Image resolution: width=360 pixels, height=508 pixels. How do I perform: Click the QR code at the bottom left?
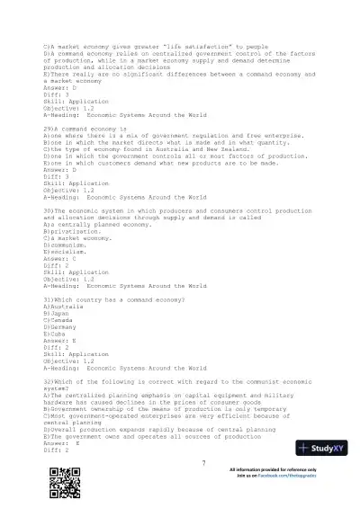pos(55,481)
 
